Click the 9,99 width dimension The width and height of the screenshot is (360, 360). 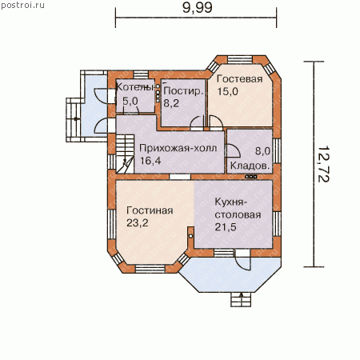(x=198, y=7)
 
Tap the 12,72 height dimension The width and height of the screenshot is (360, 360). (x=324, y=164)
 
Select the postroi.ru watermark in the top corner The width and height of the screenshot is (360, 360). (x=22, y=5)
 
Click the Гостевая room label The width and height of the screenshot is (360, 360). (x=239, y=79)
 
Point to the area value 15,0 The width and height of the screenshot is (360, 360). (x=227, y=91)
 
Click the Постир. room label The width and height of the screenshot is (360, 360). (x=183, y=91)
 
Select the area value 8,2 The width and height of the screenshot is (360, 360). (x=171, y=103)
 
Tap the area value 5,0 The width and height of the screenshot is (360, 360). (x=130, y=101)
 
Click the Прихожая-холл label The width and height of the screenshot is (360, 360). (x=178, y=148)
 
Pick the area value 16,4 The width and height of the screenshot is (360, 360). (x=150, y=161)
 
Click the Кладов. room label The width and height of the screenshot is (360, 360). (x=250, y=166)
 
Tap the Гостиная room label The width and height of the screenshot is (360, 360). (x=150, y=210)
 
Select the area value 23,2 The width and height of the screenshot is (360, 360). (x=138, y=222)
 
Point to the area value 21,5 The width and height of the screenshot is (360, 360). (x=226, y=227)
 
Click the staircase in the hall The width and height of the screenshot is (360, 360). (x=125, y=154)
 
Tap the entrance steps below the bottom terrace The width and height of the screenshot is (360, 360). (x=241, y=299)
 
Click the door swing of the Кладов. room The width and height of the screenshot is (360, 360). (x=233, y=151)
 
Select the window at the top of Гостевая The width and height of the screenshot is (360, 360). (x=240, y=59)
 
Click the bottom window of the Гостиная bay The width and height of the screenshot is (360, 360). (x=150, y=269)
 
